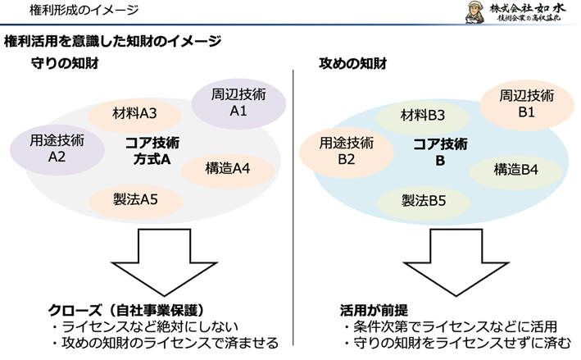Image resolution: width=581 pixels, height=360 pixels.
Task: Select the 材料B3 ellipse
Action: point(423,115)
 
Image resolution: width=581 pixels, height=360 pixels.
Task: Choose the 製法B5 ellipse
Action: point(423,199)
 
